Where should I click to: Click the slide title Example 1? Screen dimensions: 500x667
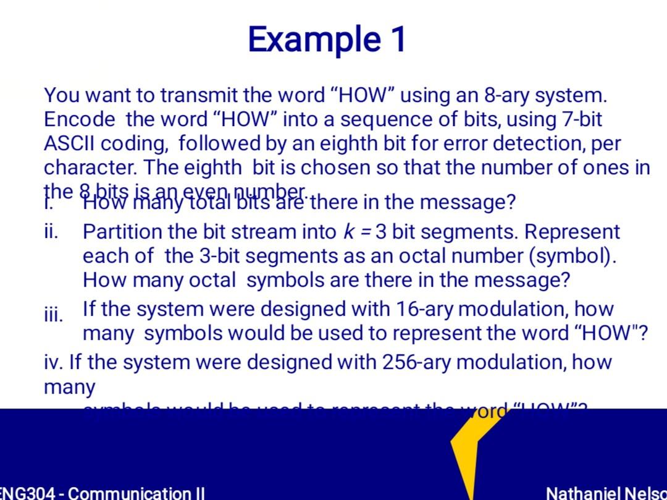click(x=327, y=39)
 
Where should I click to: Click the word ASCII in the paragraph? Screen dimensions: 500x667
click(x=69, y=143)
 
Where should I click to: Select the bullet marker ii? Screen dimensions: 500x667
click(x=51, y=232)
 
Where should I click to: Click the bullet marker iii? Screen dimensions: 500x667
click(x=53, y=315)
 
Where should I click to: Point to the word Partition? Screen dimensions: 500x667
click(x=123, y=232)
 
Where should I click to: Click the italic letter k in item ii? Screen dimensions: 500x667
click(x=348, y=232)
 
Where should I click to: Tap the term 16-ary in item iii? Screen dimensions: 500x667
click(x=418, y=308)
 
